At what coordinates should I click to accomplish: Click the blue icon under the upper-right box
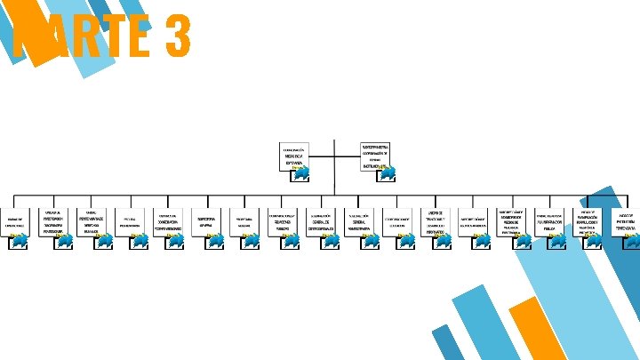click(x=386, y=172)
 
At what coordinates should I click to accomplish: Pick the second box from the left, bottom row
click(x=53, y=221)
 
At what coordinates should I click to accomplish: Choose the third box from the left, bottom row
click(x=91, y=221)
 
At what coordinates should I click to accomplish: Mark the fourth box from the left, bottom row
click(x=130, y=221)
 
